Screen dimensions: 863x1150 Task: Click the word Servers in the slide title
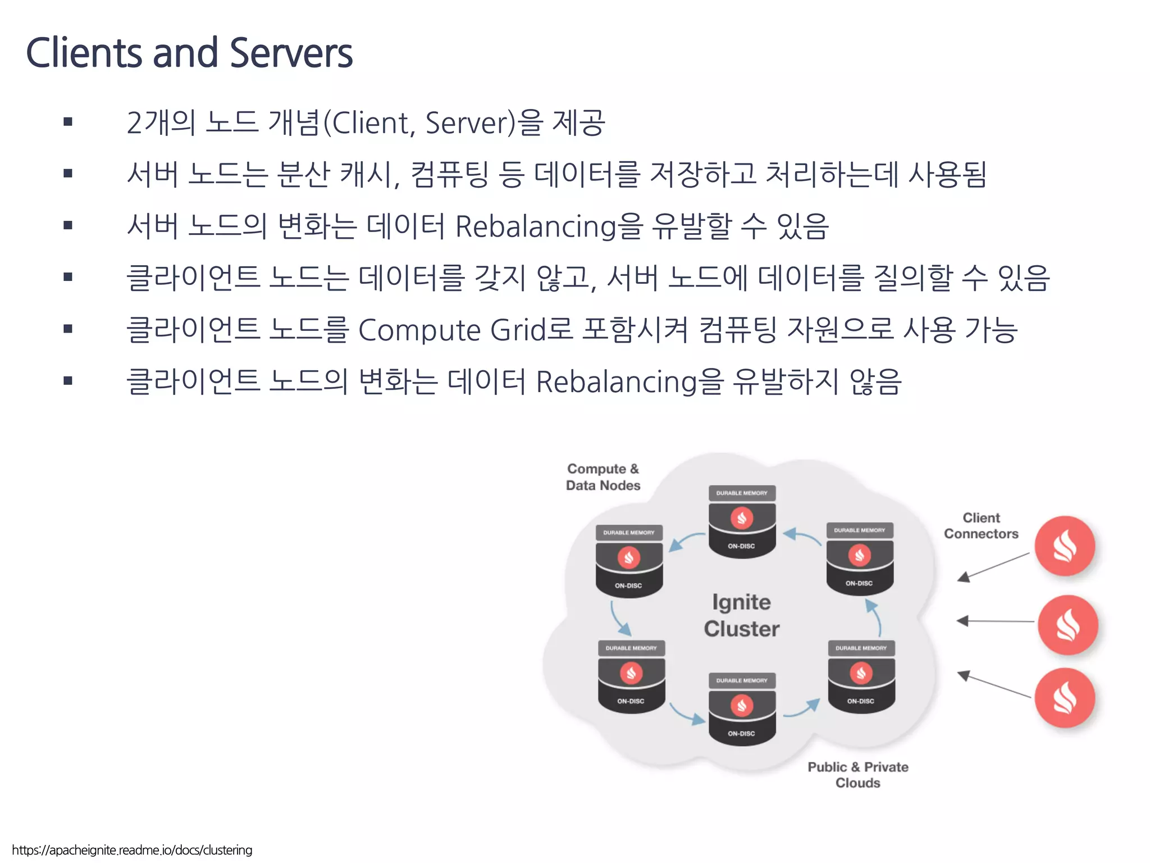291,53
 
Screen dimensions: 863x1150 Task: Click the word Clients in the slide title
84,53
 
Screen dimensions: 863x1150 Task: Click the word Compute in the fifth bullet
419,330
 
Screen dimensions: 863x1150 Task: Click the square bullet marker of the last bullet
68,381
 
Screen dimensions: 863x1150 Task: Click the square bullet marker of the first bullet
68,122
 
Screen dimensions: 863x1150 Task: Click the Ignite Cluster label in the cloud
741,615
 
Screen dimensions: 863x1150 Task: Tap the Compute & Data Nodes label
603,477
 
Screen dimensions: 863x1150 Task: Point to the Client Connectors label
981,526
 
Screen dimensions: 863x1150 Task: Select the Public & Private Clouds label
857,775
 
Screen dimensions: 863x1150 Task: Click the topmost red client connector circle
1065,546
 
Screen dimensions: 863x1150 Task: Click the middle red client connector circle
1067,625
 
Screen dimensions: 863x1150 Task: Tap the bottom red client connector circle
1065,698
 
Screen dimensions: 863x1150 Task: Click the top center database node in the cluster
742,523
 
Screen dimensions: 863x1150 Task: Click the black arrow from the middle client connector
995,621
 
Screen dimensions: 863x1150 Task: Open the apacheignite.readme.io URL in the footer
132,850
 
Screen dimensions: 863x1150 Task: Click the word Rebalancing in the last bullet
616,382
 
